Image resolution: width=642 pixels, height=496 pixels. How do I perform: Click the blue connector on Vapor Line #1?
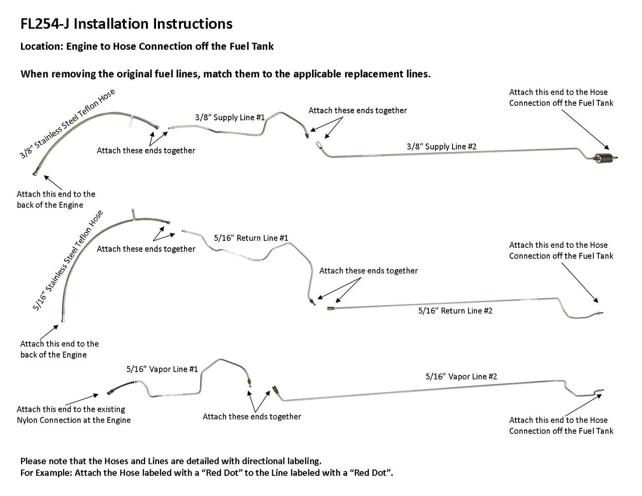[x=109, y=389]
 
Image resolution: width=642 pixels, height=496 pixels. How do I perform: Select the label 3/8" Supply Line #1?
[x=230, y=117]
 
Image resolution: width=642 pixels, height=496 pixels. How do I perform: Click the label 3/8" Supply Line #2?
[x=441, y=146]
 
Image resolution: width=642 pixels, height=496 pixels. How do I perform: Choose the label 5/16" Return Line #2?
[x=455, y=311]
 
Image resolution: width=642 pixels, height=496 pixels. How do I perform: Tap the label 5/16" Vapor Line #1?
[x=162, y=369]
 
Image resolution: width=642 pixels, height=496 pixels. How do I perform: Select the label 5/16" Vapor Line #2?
[x=461, y=376]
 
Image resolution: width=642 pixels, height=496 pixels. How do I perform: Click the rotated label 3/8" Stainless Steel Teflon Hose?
[x=67, y=124]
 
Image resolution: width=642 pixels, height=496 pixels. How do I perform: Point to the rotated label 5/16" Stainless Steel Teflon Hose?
[x=68, y=260]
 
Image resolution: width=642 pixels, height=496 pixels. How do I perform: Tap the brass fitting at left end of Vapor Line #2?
[x=275, y=390]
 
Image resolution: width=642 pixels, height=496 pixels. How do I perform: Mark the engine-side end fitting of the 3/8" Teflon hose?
[x=35, y=174]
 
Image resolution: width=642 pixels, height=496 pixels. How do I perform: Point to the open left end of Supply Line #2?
[x=318, y=145]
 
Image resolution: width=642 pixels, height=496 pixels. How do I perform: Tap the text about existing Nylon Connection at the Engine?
[x=73, y=415]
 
